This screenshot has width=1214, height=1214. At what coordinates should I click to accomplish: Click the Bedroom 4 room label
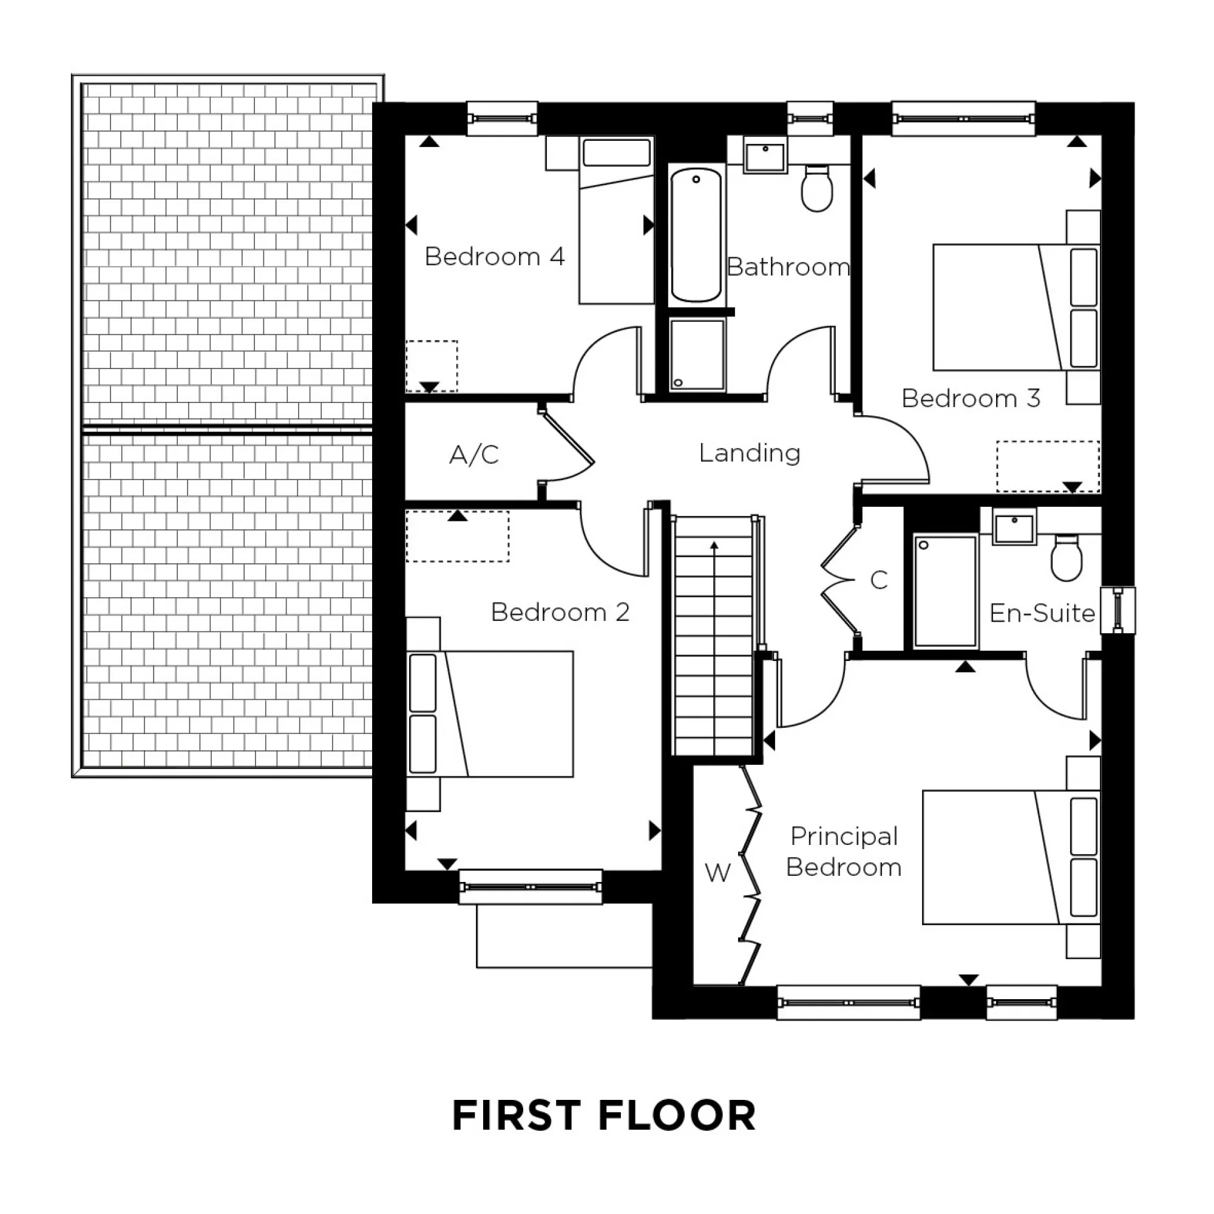pos(495,256)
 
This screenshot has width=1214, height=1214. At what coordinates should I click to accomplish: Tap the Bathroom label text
pos(788,267)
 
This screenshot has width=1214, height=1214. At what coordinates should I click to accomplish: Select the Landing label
pos(750,452)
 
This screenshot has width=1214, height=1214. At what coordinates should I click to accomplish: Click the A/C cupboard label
pos(475,454)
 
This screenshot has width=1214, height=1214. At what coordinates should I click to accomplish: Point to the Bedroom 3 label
pos(971,398)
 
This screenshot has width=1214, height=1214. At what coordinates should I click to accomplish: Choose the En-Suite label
pos(1042,612)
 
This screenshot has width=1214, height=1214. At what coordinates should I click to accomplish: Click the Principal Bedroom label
pos(844,852)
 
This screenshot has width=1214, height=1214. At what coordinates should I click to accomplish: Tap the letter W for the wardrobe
pos(717,872)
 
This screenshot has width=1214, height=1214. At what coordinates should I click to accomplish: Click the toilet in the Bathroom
pos(817,188)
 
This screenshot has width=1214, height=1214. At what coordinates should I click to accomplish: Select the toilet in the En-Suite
pos(1066,557)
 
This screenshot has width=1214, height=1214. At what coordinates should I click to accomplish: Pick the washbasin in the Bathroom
pos(765,155)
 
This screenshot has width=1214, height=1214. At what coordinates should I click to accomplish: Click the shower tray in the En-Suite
pos(945,591)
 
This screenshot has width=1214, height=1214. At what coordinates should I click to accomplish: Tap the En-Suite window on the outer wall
pos(1118,609)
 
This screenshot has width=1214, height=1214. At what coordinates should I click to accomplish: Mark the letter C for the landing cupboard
pos(879,580)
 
